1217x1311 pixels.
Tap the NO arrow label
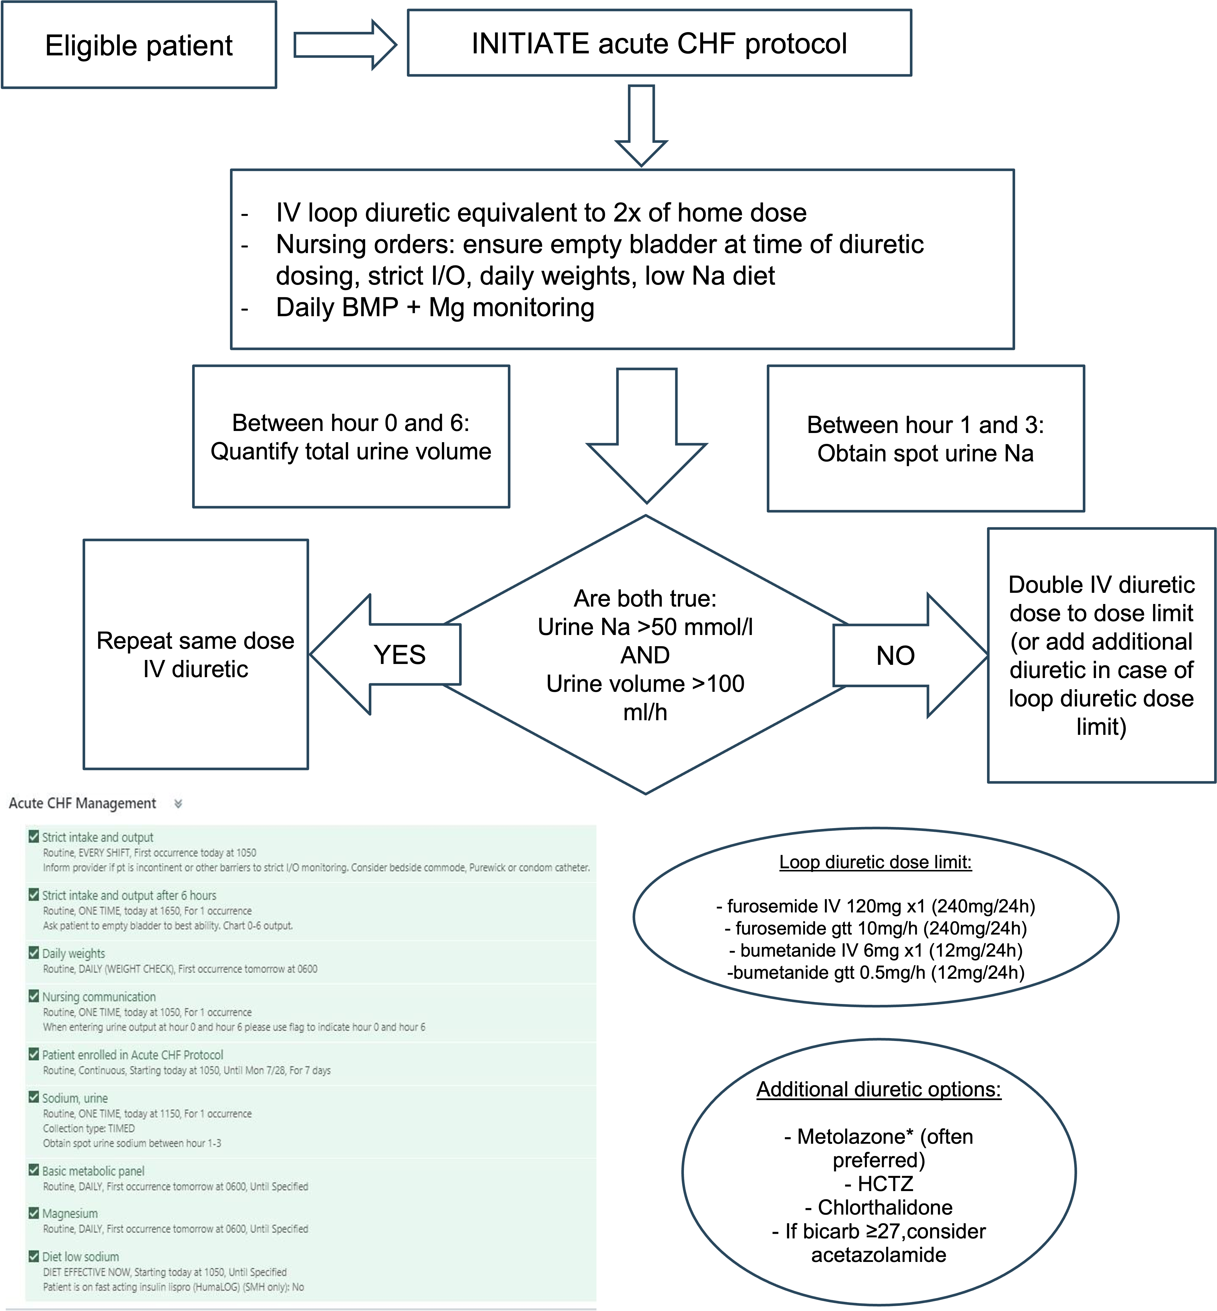(x=895, y=655)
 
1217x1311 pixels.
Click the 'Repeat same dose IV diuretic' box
(x=196, y=654)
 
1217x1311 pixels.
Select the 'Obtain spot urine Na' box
(x=925, y=439)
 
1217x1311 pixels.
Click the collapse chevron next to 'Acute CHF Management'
(x=178, y=804)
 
